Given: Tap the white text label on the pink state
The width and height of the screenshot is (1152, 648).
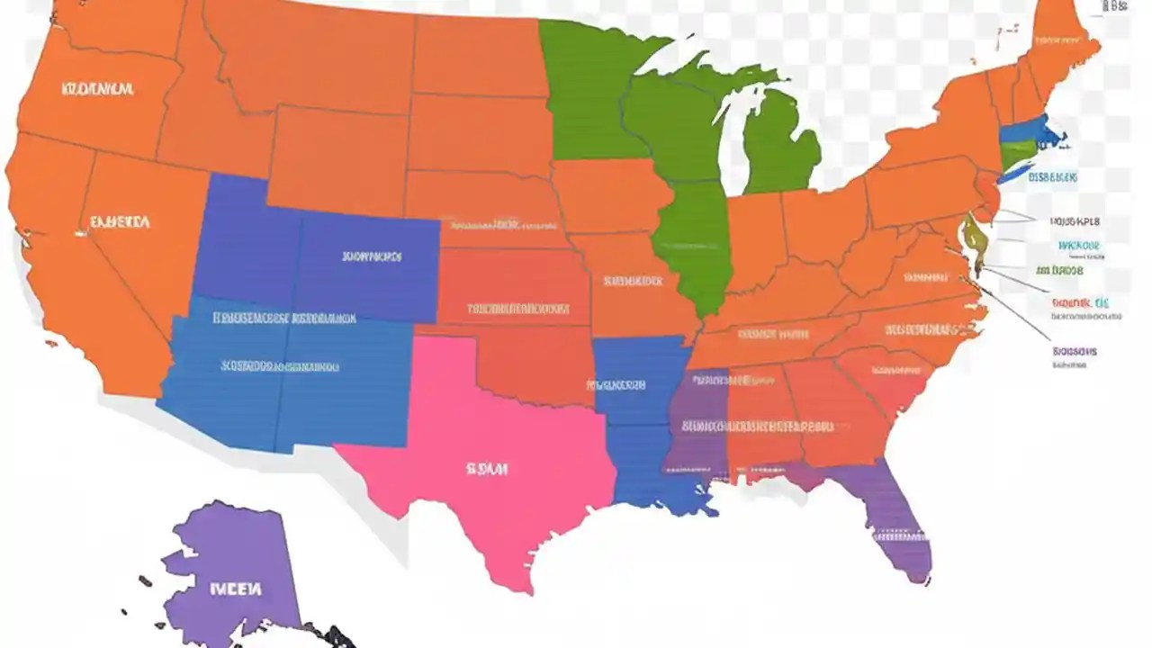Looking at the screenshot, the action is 487,469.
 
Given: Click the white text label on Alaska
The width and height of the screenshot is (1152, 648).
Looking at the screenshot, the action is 236,590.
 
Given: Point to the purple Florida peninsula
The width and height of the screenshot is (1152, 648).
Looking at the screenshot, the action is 895,522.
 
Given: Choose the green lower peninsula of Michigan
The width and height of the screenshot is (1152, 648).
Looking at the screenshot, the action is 778,144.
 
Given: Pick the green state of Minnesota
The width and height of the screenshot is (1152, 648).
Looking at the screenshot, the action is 585,90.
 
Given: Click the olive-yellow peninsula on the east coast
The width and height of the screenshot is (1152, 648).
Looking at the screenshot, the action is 973,238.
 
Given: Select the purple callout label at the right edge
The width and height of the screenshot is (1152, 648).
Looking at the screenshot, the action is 1075,352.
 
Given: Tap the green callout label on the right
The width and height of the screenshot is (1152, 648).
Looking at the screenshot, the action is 1059,270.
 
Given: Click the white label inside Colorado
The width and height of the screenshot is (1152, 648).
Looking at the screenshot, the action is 372,256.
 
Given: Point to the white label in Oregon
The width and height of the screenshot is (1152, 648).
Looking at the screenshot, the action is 98,89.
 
